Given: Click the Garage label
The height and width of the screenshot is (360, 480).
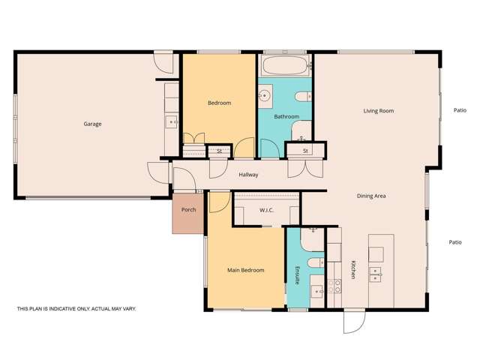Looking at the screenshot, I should coord(92,124).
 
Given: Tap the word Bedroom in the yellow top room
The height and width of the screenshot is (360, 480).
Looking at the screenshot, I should coord(219,103).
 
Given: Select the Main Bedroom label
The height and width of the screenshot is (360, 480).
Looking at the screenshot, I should coord(245,270).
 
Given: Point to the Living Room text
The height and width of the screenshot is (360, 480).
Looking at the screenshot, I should coord(379,111).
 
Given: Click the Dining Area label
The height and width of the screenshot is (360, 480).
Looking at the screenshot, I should coord(371,196).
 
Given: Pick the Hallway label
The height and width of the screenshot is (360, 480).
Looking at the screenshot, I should coord(248,175).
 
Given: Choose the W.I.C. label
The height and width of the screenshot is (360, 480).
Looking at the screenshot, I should coord(266,210).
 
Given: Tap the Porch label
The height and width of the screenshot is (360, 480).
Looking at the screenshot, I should coord(188,210).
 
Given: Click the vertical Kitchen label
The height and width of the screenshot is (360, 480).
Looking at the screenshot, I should coord(352,270).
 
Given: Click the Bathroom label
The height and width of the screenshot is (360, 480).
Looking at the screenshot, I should coord(286,116).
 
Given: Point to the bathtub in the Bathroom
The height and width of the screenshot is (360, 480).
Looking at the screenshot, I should coord(285,65).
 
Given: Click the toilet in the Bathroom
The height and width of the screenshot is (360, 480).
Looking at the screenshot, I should coord(303,96).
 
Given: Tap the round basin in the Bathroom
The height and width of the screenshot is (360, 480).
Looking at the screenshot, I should coord(265,96).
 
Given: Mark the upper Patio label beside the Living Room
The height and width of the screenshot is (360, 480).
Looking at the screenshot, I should coord(460,110).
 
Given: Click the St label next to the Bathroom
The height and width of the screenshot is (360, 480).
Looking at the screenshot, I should coord(306,151).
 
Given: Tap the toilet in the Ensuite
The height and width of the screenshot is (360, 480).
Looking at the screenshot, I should coord(316,262).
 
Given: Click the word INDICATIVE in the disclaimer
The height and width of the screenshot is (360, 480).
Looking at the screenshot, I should coord(60,308).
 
